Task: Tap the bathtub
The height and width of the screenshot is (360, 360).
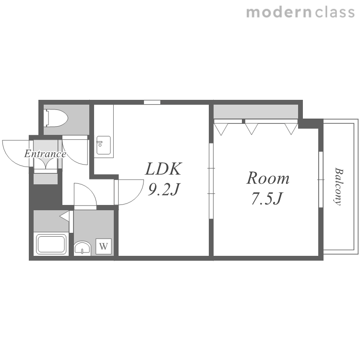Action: (x=51, y=243)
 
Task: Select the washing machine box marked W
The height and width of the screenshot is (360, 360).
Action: (x=104, y=246)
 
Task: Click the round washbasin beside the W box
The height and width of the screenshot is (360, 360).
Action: (x=83, y=248)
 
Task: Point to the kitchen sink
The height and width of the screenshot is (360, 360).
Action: (x=104, y=145)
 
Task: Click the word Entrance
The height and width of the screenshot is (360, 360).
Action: (x=45, y=154)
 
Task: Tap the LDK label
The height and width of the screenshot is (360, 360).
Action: (x=163, y=169)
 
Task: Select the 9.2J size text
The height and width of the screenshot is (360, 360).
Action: (x=163, y=190)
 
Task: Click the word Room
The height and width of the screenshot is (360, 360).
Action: (x=268, y=178)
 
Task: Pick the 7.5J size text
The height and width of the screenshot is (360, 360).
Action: (x=267, y=198)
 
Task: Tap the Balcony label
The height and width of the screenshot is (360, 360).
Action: (x=338, y=186)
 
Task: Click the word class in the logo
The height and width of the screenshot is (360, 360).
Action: (x=335, y=12)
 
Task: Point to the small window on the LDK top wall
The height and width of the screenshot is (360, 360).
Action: (x=152, y=102)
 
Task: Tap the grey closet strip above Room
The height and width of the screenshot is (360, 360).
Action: (x=256, y=111)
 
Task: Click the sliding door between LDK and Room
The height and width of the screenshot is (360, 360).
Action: (x=211, y=181)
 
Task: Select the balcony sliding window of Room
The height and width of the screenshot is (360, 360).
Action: (x=321, y=180)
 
